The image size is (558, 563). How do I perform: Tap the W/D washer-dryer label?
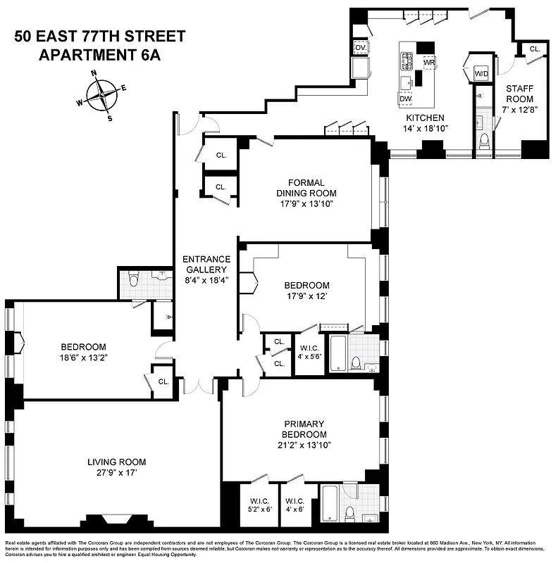[x=482, y=74]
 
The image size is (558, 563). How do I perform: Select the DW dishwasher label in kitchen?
[x=405, y=99]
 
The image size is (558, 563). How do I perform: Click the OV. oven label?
[x=360, y=48]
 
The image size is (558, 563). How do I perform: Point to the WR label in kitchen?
[x=428, y=63]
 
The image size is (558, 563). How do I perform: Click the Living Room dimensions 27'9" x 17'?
[x=117, y=474]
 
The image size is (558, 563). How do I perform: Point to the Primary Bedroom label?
[x=304, y=429]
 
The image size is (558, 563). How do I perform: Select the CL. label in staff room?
[x=535, y=49]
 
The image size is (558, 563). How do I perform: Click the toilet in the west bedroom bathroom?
[x=133, y=283]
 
